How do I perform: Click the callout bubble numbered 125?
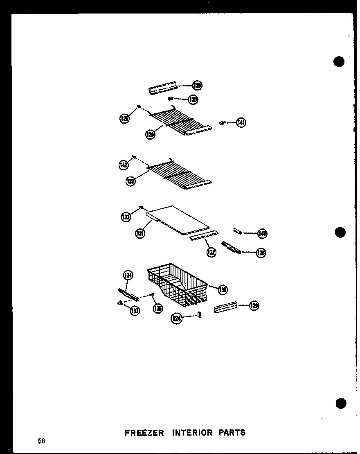[124, 119]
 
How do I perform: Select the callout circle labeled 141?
[241, 122]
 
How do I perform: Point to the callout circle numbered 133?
[126, 217]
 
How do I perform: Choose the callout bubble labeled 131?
[140, 234]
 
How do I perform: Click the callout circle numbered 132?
[211, 252]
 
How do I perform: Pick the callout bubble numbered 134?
[128, 275]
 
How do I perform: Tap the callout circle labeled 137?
[134, 311]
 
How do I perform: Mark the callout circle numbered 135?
[157, 308]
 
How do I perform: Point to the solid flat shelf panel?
[178, 221]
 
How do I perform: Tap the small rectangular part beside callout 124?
[199, 314]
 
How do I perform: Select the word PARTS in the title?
[232, 432]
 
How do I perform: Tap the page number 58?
[41, 441]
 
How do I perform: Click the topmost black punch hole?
[339, 61]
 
